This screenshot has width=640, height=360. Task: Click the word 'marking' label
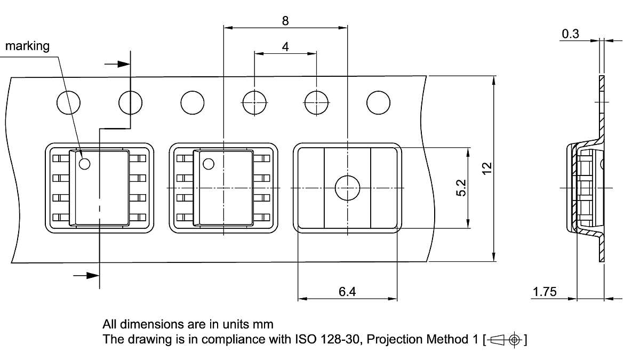27,46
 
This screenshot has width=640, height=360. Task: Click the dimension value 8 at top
285,21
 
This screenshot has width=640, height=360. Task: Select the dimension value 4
285,47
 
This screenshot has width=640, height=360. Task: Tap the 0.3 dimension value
570,34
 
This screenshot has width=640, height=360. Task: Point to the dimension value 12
486,169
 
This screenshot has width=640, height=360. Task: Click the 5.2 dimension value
462,188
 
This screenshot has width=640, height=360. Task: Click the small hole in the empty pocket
347,188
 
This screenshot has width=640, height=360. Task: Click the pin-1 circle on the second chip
209,164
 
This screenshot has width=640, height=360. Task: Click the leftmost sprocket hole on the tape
69,102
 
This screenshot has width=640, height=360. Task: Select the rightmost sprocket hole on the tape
378,102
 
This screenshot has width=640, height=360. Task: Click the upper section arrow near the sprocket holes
117,64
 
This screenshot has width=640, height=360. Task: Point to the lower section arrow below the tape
86,275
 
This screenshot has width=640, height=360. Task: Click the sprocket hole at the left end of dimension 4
254,102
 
